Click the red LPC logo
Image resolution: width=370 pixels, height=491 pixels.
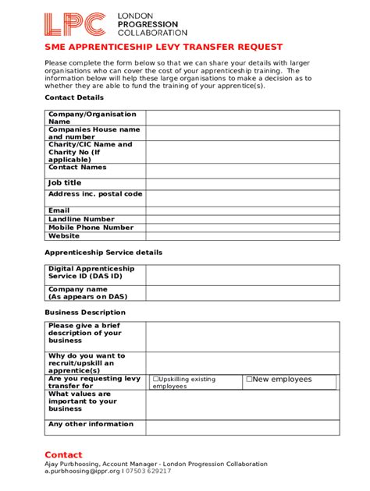[74, 26]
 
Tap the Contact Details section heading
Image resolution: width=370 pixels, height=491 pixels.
[74, 98]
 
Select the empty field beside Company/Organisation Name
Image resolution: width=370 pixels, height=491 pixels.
[243, 118]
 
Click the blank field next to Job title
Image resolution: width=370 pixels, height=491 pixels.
[243, 183]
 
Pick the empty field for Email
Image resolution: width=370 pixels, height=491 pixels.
[243, 210]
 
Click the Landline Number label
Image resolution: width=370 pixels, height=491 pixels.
[81, 219]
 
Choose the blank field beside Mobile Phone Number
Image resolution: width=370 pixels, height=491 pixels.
[243, 228]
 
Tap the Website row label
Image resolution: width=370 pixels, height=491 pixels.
[64, 236]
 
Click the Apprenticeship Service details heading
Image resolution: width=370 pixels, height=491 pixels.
[103, 253]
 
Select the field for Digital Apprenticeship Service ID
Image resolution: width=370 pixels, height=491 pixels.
[243, 274]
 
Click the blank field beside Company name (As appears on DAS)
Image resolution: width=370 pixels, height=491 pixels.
[243, 293]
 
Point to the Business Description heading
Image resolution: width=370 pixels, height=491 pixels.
[85, 312]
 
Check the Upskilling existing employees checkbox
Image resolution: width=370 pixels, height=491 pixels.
[156, 380]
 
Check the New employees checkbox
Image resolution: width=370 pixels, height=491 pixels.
[249, 380]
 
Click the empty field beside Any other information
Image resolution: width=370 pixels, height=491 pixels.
[243, 427]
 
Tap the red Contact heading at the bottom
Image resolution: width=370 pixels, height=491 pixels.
[63, 455]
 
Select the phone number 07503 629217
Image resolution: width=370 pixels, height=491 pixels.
[148, 472]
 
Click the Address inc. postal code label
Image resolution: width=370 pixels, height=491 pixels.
[95, 194]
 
